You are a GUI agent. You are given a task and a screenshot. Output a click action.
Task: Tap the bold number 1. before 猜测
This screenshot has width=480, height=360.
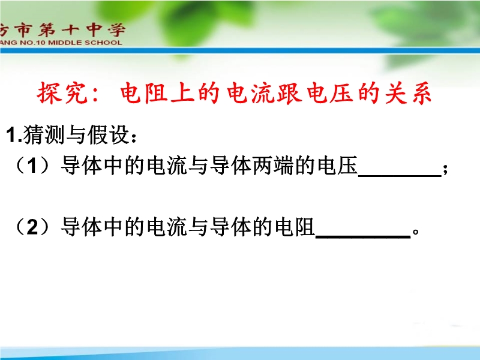tap(14, 135)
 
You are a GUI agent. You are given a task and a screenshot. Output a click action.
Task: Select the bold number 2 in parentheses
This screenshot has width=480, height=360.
tap(32, 227)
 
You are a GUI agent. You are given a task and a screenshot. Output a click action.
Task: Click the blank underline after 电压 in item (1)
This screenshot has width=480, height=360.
tap(400, 176)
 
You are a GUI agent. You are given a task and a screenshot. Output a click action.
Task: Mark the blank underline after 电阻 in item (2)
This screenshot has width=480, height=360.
tap(363, 236)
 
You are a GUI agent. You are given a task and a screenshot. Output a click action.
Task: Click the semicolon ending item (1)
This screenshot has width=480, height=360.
tap(445, 169)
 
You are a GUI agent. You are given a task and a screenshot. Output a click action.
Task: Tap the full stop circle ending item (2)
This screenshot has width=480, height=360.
tap(416, 232)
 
